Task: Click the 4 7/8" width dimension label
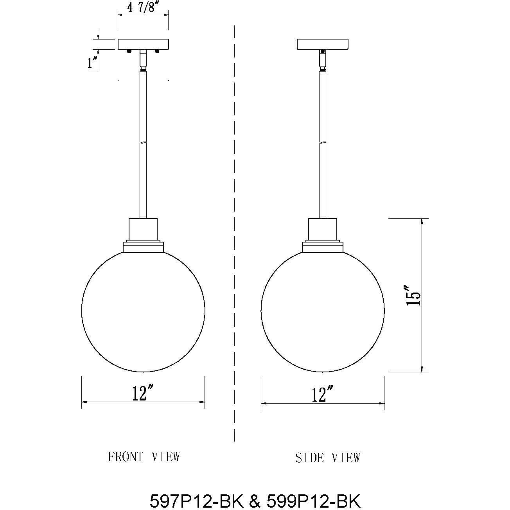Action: tap(143, 7)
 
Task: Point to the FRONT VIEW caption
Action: tap(144, 456)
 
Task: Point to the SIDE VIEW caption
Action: tap(327, 458)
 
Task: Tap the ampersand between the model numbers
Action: tap(254, 500)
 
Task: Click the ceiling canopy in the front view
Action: tap(143, 44)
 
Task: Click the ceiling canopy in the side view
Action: tap(323, 44)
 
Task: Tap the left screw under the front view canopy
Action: tap(129, 51)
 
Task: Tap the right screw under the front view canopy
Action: tap(157, 51)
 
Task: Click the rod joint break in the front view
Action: tap(143, 142)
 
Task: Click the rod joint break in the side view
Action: tap(323, 142)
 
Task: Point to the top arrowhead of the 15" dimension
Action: tap(422, 221)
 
